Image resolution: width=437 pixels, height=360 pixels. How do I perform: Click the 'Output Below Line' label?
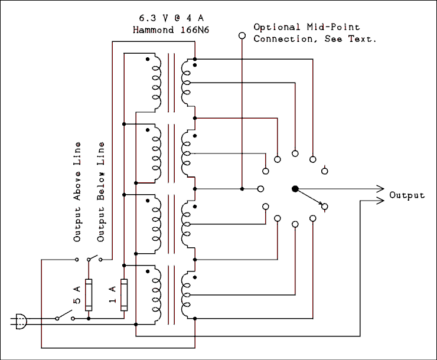coord(101,192)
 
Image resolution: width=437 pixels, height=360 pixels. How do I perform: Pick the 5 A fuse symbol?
coord(89,294)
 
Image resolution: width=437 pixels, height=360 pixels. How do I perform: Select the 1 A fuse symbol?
coord(124,294)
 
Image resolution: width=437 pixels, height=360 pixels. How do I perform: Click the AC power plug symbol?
coord(19,322)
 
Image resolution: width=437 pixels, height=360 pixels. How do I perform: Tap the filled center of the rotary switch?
coord(295,189)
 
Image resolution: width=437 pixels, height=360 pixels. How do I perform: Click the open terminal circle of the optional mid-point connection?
coord(242,36)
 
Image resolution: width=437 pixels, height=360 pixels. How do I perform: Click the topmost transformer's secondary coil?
coord(187,80)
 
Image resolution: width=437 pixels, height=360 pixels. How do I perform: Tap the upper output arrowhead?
coord(379,189)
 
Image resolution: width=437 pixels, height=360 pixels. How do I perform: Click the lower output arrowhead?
coord(379,201)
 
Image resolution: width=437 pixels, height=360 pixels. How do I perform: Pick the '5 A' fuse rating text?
coord(77,294)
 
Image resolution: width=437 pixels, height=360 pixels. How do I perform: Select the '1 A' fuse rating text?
coord(113,294)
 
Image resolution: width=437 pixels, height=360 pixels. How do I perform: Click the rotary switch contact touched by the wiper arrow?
coord(324,207)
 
